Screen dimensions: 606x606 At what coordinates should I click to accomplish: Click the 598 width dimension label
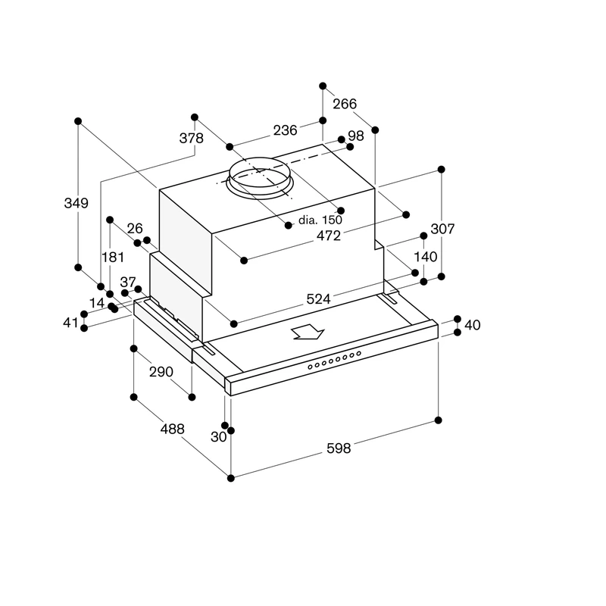click(x=339, y=448)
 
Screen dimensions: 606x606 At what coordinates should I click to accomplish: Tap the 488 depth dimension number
click(x=173, y=429)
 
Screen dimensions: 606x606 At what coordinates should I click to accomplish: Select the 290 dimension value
click(x=161, y=372)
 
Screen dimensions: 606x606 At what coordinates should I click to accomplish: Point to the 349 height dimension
click(x=77, y=203)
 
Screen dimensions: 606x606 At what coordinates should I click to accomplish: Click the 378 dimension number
click(x=192, y=138)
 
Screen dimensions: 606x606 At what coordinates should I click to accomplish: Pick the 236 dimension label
click(x=286, y=130)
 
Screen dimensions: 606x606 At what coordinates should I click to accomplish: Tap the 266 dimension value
click(x=345, y=104)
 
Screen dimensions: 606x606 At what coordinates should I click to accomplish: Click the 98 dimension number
click(x=356, y=136)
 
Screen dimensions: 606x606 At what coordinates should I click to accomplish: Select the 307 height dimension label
click(x=442, y=229)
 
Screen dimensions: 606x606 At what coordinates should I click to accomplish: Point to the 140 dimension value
click(x=426, y=257)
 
